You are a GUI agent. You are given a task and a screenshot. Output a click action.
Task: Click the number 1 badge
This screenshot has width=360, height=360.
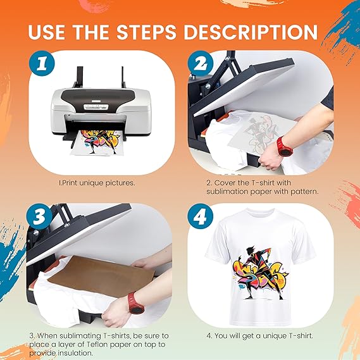[42, 63]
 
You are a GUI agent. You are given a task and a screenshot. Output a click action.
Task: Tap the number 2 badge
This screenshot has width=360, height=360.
[201, 63]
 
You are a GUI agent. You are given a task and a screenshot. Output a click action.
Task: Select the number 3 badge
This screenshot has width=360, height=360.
[39, 216]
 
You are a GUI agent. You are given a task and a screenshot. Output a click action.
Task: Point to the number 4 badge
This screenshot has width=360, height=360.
[201, 216]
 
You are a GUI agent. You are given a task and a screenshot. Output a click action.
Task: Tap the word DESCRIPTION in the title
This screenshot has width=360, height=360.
[251, 32]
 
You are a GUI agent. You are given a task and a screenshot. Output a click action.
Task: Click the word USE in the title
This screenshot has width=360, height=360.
[46, 32]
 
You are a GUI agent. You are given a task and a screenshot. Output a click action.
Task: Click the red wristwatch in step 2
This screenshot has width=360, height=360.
[285, 147]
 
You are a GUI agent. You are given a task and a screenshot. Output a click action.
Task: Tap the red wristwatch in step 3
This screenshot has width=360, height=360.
[135, 302]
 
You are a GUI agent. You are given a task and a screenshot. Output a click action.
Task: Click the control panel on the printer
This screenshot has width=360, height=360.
[96, 107]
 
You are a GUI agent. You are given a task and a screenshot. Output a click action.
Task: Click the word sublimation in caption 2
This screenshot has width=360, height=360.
[227, 191]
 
